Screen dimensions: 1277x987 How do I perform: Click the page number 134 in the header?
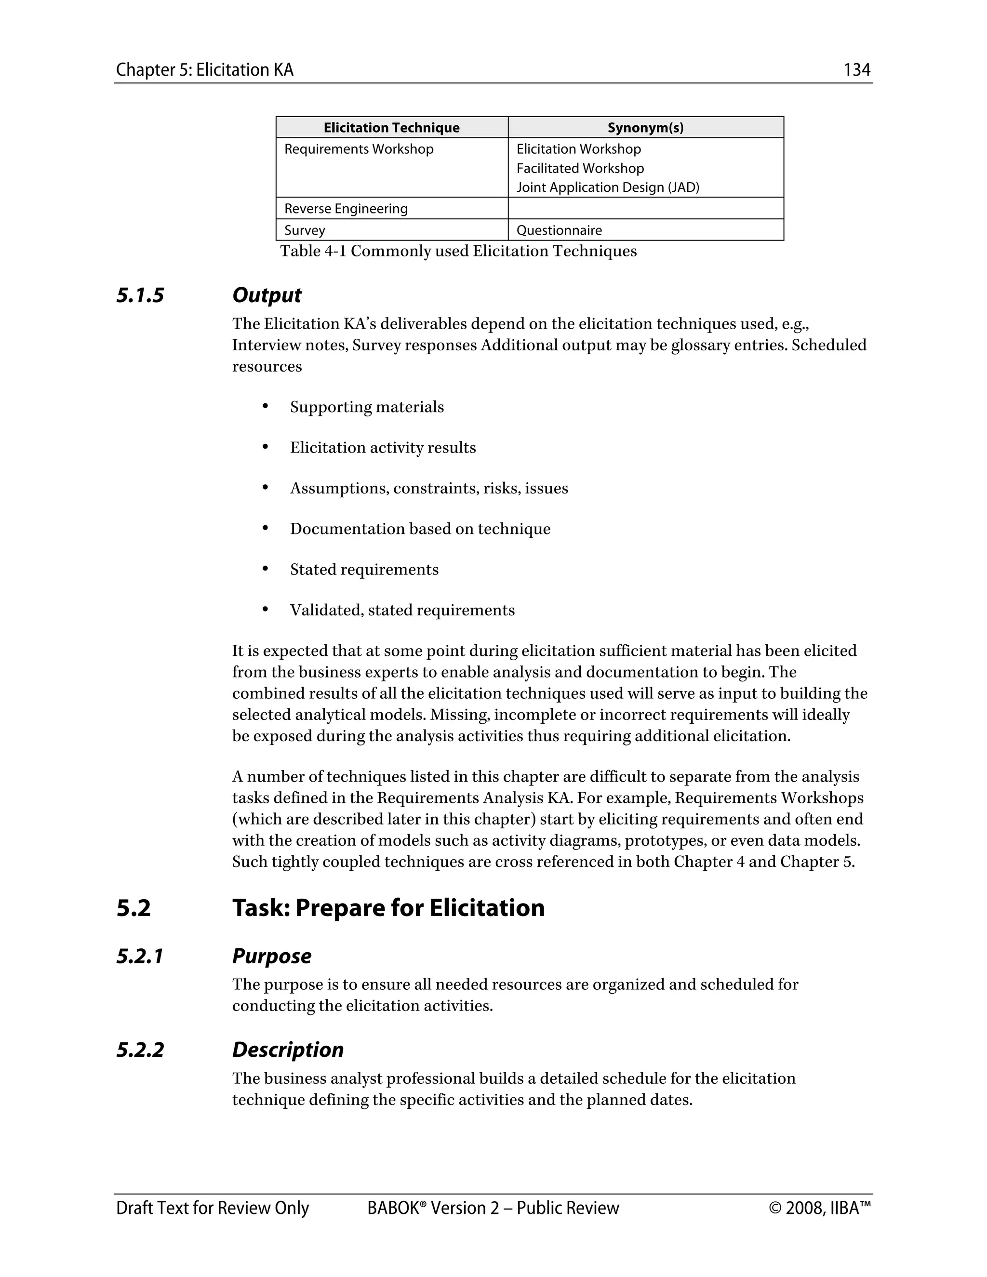coord(856,70)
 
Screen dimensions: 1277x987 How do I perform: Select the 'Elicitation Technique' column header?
coord(391,128)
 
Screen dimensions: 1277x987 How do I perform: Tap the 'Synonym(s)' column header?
coord(645,128)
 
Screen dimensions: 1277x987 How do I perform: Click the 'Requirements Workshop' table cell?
coord(359,149)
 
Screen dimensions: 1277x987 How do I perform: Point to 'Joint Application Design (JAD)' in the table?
coord(608,187)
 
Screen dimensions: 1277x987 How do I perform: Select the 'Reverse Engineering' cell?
coord(346,209)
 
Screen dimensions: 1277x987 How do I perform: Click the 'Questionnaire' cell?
coord(559,230)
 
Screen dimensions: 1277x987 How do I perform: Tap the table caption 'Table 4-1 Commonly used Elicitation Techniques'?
coord(458,251)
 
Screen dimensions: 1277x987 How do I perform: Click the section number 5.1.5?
coord(140,295)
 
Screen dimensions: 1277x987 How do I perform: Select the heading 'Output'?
coord(267,295)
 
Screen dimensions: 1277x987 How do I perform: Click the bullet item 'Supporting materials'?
coord(367,407)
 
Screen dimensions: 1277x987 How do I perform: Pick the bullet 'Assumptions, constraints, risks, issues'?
coord(428,488)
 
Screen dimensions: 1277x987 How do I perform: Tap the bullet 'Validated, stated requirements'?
coord(402,610)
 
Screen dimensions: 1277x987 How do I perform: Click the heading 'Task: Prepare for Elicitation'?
coord(388,908)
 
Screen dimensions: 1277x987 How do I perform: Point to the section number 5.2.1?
coord(140,957)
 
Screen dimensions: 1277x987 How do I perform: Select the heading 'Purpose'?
coord(271,957)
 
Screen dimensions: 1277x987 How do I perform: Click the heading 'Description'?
coord(288,1050)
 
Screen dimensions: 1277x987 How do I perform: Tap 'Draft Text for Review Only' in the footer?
coord(212,1208)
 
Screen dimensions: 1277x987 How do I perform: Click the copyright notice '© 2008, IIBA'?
coord(819,1208)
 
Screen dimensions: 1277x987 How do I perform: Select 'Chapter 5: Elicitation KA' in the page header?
coord(205,70)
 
